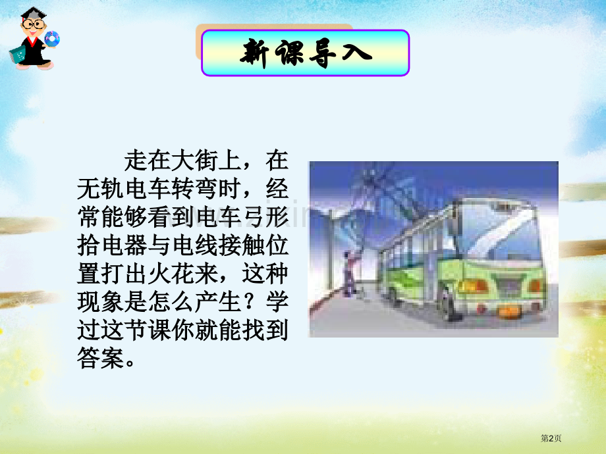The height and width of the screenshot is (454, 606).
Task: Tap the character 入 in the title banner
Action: pyautogui.click(x=357, y=53)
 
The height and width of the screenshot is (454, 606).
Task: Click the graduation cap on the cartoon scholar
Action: pyautogui.click(x=33, y=14)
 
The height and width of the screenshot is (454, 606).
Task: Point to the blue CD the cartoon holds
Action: pyautogui.click(x=52, y=39)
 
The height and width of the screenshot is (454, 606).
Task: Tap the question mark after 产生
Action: pyautogui.click(x=252, y=301)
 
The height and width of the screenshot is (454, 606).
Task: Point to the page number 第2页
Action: pyautogui.click(x=551, y=438)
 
